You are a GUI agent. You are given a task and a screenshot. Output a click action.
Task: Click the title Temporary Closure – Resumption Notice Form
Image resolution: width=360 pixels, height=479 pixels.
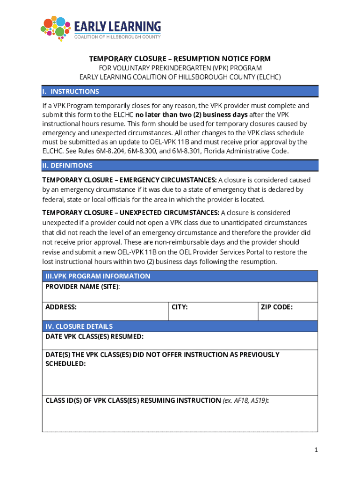[180, 59]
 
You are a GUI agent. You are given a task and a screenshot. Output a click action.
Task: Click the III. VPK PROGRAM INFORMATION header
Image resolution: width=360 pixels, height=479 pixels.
[98, 276]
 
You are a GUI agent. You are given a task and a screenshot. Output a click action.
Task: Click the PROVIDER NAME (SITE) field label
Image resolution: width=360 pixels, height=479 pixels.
[82, 286]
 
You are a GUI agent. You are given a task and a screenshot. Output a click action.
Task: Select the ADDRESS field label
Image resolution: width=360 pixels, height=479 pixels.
[61, 307]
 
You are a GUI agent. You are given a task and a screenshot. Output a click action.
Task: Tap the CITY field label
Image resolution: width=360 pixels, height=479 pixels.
[180, 307]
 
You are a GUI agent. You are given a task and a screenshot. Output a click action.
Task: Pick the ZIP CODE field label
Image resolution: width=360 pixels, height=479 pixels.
[277, 307]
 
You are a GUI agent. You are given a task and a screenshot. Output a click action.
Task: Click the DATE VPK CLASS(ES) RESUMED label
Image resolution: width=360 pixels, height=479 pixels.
[94, 336]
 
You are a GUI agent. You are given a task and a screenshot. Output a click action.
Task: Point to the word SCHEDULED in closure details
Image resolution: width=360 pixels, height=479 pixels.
[65, 363]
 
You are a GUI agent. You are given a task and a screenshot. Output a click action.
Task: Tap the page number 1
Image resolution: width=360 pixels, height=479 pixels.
[316, 450]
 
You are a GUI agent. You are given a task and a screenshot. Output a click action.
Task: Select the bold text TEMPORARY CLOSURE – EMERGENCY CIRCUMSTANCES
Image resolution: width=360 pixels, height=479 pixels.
[130, 180]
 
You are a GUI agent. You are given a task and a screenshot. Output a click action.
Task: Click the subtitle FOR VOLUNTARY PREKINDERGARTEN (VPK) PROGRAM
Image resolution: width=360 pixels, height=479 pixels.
[180, 68]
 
